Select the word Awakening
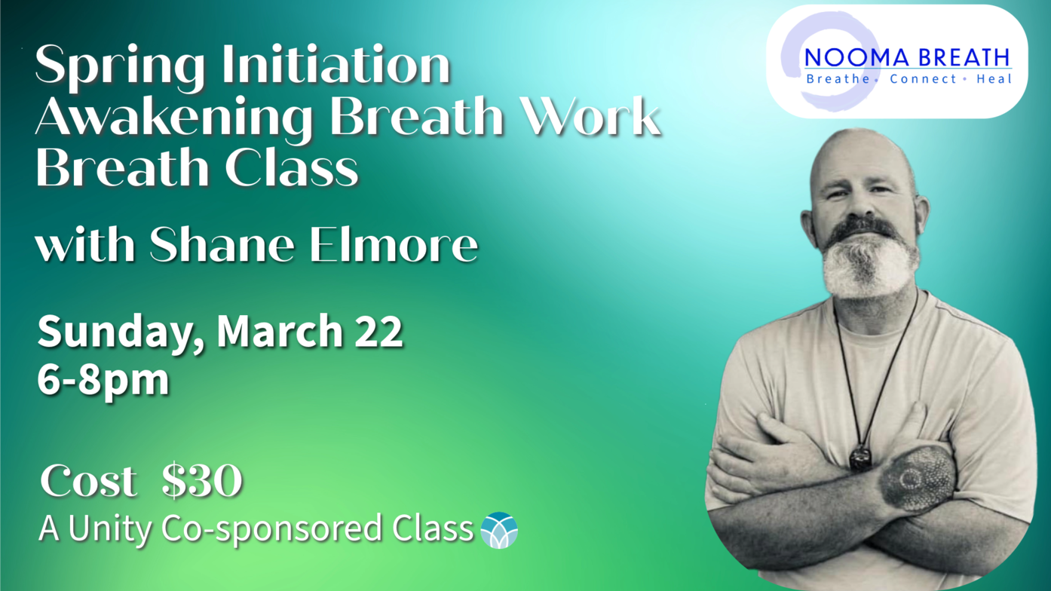pyautogui.click(x=174, y=119)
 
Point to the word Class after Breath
pyautogui.click(x=291, y=167)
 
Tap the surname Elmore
pyautogui.click(x=394, y=244)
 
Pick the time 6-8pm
pyautogui.click(x=103, y=381)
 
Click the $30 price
pyautogui.click(x=202, y=480)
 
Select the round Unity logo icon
pyautogui.click(x=499, y=530)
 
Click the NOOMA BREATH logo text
pyautogui.click(x=908, y=58)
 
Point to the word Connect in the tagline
pyautogui.click(x=923, y=79)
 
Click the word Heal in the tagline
pyautogui.click(x=994, y=79)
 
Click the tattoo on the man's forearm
pyautogui.click(x=919, y=479)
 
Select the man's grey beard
pyautogui.click(x=870, y=262)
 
